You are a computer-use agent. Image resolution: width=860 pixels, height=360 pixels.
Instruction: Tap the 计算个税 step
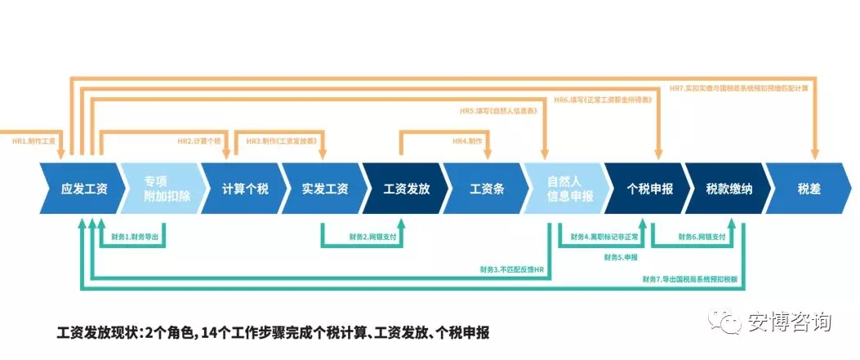click(x=244, y=189)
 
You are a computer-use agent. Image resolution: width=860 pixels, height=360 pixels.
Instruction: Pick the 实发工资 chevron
click(x=324, y=189)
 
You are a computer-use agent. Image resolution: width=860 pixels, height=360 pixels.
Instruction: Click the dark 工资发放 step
click(x=406, y=189)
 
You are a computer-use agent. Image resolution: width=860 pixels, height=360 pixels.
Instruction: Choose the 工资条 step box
click(x=487, y=189)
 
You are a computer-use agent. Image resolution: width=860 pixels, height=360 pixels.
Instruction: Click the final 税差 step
click(x=809, y=189)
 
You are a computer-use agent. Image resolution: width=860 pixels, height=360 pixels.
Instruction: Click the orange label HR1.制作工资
click(x=33, y=141)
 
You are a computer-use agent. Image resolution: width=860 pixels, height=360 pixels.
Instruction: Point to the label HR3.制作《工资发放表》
click(x=282, y=141)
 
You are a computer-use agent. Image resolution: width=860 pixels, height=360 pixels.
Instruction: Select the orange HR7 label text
click(x=738, y=88)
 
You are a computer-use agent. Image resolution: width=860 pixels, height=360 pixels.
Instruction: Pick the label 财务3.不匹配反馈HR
click(x=512, y=269)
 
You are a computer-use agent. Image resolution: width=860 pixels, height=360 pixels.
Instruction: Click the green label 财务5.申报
click(x=621, y=258)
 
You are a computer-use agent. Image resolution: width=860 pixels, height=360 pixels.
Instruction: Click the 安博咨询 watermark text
click(x=789, y=322)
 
